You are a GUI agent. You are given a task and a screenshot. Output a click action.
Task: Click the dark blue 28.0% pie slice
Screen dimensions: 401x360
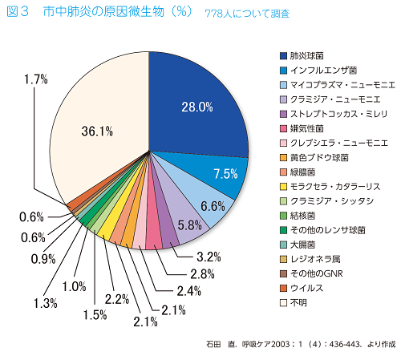198,107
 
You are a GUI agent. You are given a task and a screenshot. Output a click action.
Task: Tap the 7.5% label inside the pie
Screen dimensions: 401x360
225,174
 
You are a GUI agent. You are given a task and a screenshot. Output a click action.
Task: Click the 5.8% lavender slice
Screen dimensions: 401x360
187,222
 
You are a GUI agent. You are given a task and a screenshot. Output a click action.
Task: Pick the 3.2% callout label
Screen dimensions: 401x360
209,257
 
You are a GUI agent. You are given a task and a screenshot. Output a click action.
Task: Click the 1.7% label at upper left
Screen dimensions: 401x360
35,79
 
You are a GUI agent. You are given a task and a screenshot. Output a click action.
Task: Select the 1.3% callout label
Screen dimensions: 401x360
45,303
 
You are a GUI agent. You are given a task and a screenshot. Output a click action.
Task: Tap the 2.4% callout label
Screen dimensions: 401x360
188,291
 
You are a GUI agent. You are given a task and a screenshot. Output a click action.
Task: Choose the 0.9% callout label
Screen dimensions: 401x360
43,259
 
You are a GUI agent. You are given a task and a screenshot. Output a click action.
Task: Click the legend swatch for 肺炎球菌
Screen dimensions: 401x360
283,56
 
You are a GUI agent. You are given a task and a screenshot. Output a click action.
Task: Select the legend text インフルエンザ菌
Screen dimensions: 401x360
323,71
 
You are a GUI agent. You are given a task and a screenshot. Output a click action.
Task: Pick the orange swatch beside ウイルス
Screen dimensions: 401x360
283,288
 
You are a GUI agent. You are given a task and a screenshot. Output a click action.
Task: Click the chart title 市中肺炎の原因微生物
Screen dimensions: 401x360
103,12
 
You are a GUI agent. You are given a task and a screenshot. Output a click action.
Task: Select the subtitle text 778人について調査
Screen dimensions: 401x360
247,14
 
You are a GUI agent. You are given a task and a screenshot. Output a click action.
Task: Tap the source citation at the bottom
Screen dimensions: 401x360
301,344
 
